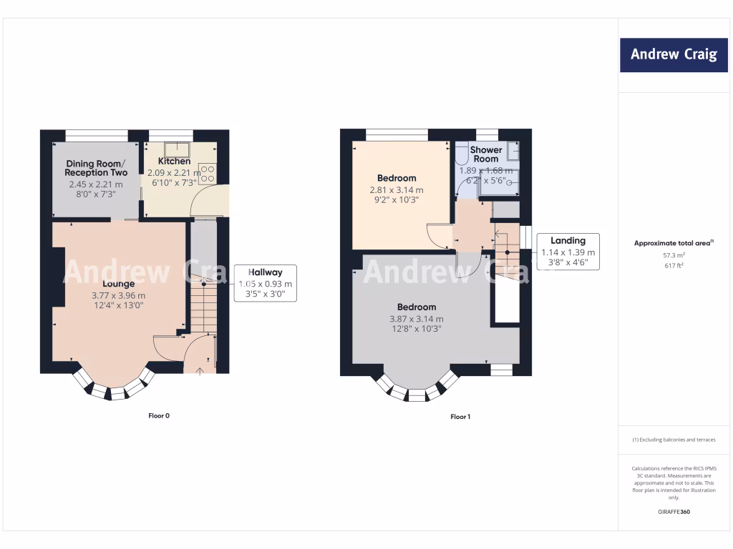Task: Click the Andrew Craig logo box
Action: tap(674, 54)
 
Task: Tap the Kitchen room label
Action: tap(174, 161)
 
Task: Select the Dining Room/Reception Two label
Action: tap(96, 168)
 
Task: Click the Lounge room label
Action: tap(118, 284)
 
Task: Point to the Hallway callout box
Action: tap(266, 283)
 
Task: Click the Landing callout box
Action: tap(568, 252)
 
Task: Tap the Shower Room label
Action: tap(486, 154)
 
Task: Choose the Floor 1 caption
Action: tap(460, 416)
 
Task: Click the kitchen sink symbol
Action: tap(175, 149)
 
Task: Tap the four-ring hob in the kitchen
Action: tap(208, 173)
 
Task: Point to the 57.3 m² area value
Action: tap(673, 254)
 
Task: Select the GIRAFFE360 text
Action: tap(674, 512)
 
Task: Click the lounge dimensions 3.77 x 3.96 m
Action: tap(118, 295)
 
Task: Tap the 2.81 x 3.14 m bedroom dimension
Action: tap(397, 190)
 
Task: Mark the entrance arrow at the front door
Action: tap(200, 370)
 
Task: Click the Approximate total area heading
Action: tap(673, 243)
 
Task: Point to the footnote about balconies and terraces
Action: tap(674, 440)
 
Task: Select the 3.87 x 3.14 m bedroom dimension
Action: tap(416, 319)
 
